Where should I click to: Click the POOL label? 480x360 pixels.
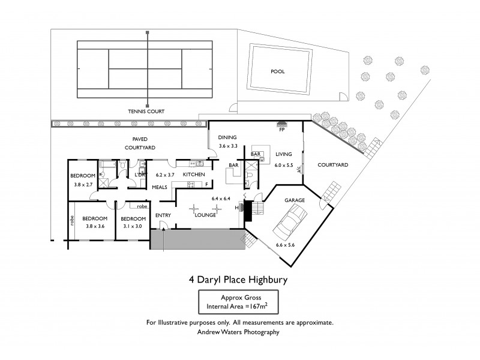277,71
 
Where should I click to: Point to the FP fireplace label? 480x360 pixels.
281,130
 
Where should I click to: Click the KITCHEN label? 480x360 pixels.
194,174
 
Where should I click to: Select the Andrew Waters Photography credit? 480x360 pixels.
240,331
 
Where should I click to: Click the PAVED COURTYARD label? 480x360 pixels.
140,142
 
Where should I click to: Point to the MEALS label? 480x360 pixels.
159,187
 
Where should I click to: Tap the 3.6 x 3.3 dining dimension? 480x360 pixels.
229,146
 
